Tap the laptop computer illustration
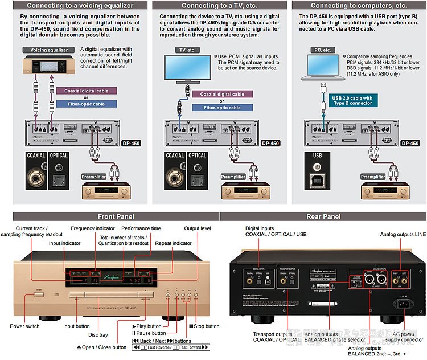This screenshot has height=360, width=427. (x=323, y=66)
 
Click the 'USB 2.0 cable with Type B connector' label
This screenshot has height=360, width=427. (x=352, y=101)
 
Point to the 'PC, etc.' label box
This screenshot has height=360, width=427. (x=322, y=50)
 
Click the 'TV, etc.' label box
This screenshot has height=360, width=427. (x=184, y=50)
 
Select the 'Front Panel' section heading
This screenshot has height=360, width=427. (x=116, y=216)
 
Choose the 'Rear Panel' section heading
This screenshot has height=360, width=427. (x=323, y=216)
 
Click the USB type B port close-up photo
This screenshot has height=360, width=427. (x=318, y=178)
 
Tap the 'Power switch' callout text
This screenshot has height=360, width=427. (x=24, y=326)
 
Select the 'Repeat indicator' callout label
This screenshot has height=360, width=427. (x=173, y=243)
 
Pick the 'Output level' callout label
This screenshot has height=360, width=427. (x=197, y=228)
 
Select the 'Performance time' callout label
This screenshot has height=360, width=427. (x=145, y=228)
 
